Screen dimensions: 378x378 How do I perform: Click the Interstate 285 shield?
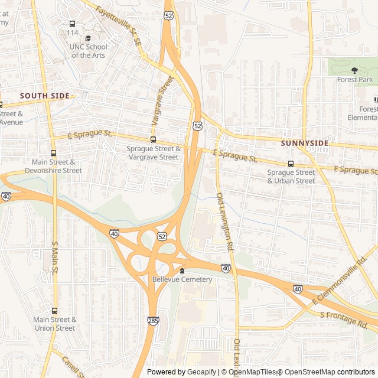pyautogui.click(x=152, y=320)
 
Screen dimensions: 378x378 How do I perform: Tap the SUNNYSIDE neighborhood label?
pyautogui.click(x=304, y=143)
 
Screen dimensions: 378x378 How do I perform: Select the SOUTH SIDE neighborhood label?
pyautogui.click(x=44, y=96)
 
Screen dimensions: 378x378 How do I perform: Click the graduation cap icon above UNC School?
pyautogui.click(x=88, y=38)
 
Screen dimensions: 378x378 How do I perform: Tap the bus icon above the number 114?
pyautogui.click(x=72, y=24)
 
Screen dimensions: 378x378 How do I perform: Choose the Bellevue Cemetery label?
pyautogui.click(x=182, y=279)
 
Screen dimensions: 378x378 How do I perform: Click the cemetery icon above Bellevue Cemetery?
pyautogui.click(x=182, y=271)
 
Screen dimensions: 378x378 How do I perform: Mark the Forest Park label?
pyautogui.click(x=354, y=79)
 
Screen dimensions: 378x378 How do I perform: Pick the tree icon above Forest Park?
pyautogui.click(x=354, y=70)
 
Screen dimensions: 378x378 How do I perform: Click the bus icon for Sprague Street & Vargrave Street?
pyautogui.click(x=153, y=140)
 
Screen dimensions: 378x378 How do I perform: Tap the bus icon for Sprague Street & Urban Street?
pyautogui.click(x=291, y=164)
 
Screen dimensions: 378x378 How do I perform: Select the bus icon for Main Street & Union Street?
pyautogui.click(x=54, y=311)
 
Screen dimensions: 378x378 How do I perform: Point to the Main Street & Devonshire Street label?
pyautogui.click(x=53, y=167)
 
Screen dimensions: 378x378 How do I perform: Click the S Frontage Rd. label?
pyautogui.click(x=344, y=320)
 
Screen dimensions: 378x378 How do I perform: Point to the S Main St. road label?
pyautogui.click(x=54, y=258)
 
